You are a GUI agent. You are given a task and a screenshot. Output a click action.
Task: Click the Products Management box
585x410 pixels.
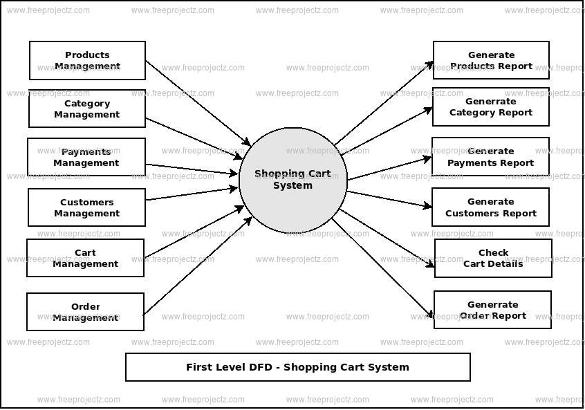click(87, 61)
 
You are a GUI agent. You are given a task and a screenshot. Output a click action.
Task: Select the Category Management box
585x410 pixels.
click(87, 109)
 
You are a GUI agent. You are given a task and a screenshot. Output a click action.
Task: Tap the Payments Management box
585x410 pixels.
click(86, 157)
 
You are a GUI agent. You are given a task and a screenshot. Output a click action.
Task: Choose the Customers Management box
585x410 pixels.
click(87, 207)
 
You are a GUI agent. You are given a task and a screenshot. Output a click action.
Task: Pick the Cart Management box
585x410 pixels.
click(86, 258)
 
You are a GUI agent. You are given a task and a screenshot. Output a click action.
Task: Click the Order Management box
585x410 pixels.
click(86, 312)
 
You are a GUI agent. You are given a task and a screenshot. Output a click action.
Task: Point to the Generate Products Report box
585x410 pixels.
click(491, 60)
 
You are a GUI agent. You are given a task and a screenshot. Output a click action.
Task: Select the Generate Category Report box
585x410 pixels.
click(491, 106)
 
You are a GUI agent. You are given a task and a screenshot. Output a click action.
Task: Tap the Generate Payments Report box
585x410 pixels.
click(490, 157)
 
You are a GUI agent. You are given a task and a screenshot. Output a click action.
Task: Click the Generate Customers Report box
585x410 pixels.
click(490, 207)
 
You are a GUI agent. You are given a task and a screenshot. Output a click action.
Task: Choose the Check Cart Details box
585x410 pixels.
click(493, 258)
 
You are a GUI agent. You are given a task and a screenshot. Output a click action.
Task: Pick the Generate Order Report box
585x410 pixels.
click(492, 310)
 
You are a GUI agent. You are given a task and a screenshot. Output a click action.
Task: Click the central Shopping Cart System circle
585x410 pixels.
click(292, 180)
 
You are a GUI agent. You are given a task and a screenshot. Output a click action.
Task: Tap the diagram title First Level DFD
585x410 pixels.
click(297, 367)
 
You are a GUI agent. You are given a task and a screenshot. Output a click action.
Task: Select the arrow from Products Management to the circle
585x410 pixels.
click(197, 102)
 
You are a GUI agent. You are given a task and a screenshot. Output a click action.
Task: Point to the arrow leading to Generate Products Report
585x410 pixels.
click(384, 103)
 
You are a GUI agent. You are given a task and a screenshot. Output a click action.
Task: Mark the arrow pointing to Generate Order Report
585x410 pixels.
click(384, 270)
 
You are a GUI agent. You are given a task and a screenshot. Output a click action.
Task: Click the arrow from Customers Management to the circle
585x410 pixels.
click(192, 194)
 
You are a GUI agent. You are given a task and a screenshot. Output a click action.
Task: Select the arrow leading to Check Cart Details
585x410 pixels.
click(387, 238)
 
